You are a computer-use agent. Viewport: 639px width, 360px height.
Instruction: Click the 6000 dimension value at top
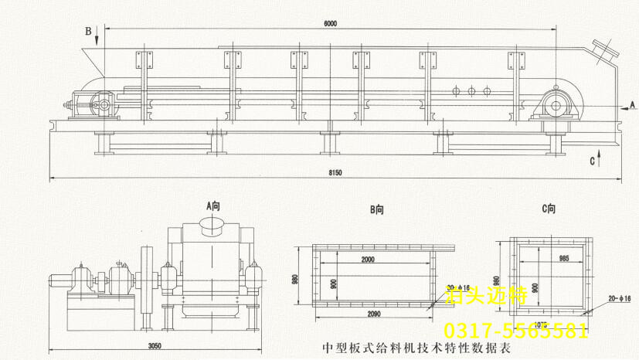click(331, 24)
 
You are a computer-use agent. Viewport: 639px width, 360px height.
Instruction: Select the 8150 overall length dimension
click(335, 173)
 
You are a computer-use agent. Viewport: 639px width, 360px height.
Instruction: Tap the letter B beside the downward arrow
click(88, 31)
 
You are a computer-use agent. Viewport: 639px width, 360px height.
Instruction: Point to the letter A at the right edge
click(631, 103)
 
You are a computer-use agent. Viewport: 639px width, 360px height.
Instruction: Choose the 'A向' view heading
click(213, 205)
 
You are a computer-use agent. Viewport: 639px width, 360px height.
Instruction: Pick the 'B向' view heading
click(377, 209)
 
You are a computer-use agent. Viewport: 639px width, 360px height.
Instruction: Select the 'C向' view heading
click(549, 209)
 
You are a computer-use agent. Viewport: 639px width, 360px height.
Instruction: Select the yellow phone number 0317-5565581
click(515, 331)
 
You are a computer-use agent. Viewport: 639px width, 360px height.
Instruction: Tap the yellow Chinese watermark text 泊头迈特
click(487, 294)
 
